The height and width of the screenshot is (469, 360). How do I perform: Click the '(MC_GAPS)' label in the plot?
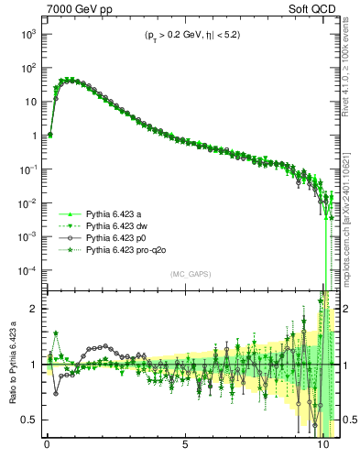point(188,274)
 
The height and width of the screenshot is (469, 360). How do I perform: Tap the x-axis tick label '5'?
point(185,451)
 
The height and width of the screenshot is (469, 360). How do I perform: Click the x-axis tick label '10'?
point(322,451)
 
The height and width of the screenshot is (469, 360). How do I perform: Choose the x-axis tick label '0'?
point(47,451)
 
